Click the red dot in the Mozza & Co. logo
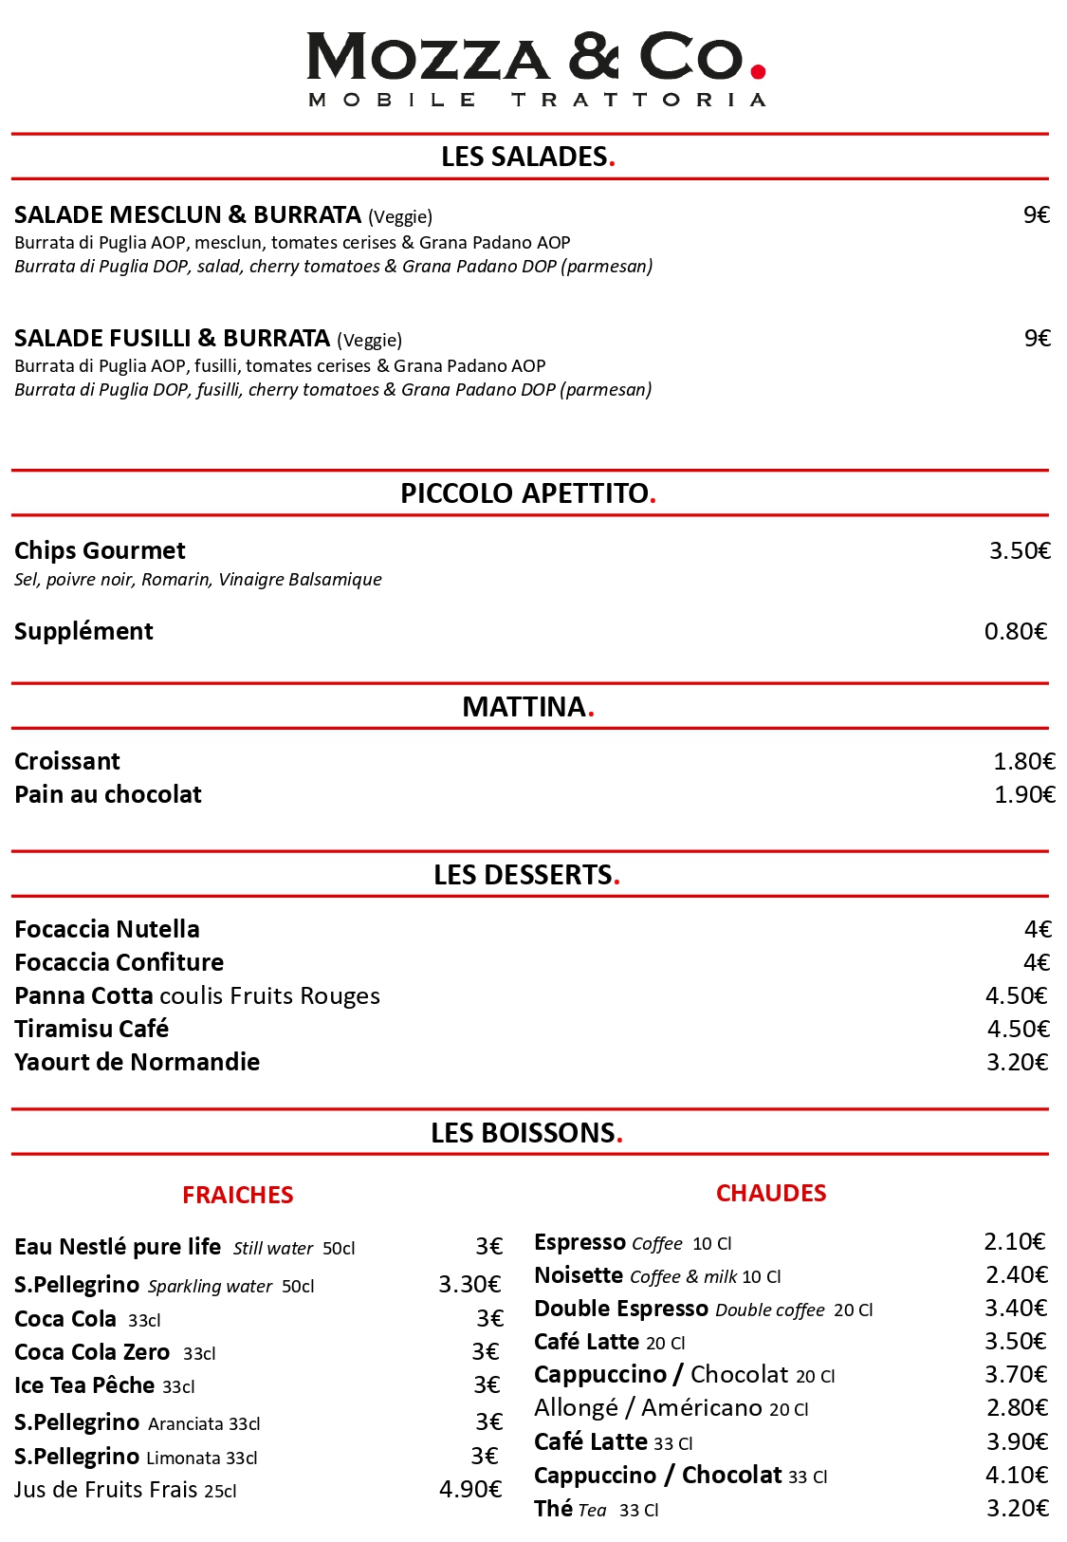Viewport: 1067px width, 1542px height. coord(758,70)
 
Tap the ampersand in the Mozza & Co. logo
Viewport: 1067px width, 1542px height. coord(595,57)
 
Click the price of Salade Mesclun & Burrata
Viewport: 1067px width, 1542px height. coord(1036,215)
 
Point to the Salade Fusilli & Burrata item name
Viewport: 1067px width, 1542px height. coord(172,339)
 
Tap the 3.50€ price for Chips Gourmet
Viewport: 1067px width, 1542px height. coord(1020,551)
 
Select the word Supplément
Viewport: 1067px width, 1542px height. coord(83,632)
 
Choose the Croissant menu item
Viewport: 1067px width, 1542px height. coord(67,762)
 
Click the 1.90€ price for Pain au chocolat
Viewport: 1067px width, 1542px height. coord(1024,795)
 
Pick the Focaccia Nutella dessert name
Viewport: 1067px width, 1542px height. coord(107,930)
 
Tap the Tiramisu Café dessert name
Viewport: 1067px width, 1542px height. coord(91,1030)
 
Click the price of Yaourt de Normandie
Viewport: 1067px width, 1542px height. coord(1017,1063)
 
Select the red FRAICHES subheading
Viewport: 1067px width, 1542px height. coord(238,1196)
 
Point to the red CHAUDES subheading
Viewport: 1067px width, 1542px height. coord(771,1194)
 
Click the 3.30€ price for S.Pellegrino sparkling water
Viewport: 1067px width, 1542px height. coord(469,1285)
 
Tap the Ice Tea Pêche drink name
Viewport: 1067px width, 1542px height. coord(84,1386)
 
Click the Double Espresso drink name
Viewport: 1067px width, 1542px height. coord(620,1310)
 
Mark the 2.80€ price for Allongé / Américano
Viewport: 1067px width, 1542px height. coord(1017,1408)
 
